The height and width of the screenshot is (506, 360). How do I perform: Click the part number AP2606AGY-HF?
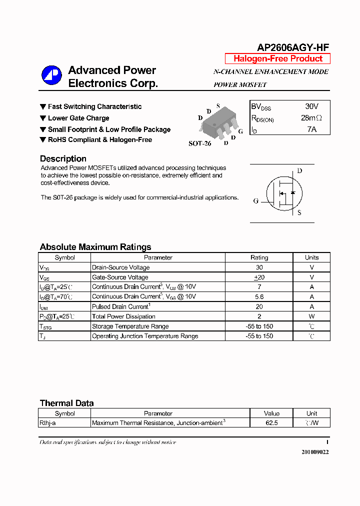293,47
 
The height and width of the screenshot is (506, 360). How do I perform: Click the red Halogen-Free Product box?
277,58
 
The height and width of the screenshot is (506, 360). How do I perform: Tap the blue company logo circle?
51,75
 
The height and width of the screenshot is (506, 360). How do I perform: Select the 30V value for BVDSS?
311,106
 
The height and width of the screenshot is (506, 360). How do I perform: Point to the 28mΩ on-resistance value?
311,118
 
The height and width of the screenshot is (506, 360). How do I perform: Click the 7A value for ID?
311,129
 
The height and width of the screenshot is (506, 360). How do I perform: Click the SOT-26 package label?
199,143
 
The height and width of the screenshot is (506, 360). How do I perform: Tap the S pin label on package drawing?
218,106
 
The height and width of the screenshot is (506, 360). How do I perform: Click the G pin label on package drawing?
240,131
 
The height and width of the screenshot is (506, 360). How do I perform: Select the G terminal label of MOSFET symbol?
255,201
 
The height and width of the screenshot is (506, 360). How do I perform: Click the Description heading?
63,159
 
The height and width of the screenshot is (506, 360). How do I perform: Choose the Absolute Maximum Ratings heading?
95,247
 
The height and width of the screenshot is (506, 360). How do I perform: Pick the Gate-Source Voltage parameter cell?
120,277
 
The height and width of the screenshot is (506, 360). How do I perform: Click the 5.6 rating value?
259,296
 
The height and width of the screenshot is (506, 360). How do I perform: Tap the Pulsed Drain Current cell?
121,306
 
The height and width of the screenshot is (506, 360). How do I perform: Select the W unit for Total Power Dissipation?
311,316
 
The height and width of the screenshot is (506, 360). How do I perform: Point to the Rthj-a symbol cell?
48,423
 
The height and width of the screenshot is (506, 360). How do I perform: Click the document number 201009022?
315,451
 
